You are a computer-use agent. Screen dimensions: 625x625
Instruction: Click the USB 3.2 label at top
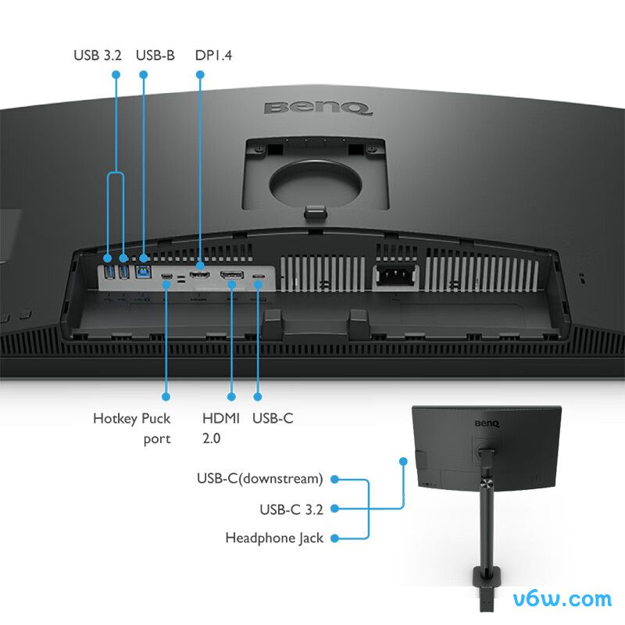pyautogui.click(x=98, y=55)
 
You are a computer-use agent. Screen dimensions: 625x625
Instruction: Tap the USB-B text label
pyautogui.click(x=155, y=55)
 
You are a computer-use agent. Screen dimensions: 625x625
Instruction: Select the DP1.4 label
pyautogui.click(x=213, y=55)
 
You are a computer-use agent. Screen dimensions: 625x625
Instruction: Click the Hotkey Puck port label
pyautogui.click(x=131, y=428)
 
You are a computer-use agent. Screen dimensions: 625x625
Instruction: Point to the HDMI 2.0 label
pyautogui.click(x=221, y=428)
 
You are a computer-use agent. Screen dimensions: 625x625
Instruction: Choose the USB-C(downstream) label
pyautogui.click(x=260, y=478)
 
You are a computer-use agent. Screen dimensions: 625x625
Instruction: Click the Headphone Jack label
pyautogui.click(x=274, y=538)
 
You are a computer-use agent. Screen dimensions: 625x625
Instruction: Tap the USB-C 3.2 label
pyautogui.click(x=291, y=509)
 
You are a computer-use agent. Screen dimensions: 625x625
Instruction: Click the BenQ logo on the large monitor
pyautogui.click(x=318, y=108)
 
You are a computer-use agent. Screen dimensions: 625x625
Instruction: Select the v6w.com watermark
pyautogui.click(x=562, y=599)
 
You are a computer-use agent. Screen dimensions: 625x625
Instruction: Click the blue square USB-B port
pyautogui.click(x=143, y=272)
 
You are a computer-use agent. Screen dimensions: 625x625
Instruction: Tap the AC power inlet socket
pyautogui.click(x=395, y=275)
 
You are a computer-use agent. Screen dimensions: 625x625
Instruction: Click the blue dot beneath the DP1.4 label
pyautogui.click(x=200, y=74)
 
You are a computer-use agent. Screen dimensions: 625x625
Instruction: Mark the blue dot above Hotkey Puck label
pyautogui.click(x=166, y=397)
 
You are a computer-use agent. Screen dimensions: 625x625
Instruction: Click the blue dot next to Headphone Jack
pyautogui.click(x=335, y=538)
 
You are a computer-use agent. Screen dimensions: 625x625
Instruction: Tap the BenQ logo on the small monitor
pyautogui.click(x=487, y=423)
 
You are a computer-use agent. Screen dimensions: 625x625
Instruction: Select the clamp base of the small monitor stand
pyautogui.click(x=486, y=577)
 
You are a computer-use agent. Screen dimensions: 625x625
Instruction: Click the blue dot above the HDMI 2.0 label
pyautogui.click(x=231, y=397)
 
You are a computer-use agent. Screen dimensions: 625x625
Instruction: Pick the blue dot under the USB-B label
pyautogui.click(x=144, y=74)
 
